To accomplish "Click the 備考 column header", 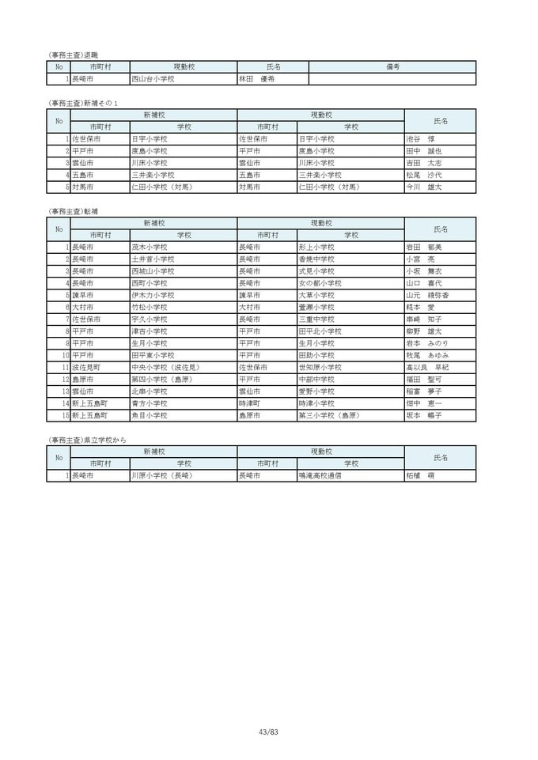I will click(x=392, y=67).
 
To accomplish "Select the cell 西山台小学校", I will click(x=153, y=79).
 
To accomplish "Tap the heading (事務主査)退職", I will click(x=74, y=55).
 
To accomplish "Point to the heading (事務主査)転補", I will click(x=74, y=211).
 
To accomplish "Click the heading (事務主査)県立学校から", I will click(x=87, y=440).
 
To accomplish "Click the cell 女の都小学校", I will click(x=320, y=283).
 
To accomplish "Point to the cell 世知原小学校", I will click(x=320, y=367).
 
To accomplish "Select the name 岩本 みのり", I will click(x=426, y=343).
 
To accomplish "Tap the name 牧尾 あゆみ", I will click(x=426, y=355).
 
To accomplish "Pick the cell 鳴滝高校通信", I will click(x=320, y=476).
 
